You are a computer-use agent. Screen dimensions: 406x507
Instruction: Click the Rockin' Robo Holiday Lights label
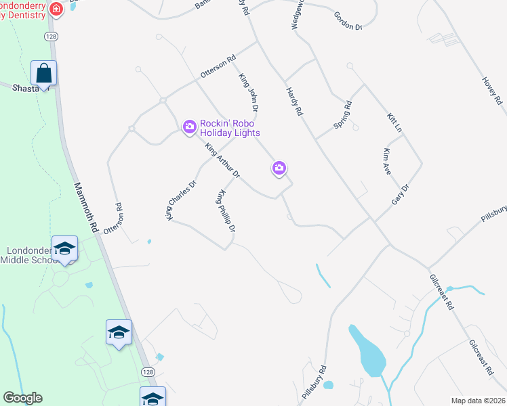point(230,128)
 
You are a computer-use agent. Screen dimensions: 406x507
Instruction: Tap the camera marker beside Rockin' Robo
point(190,126)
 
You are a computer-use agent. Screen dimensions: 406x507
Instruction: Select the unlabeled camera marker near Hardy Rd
point(279,168)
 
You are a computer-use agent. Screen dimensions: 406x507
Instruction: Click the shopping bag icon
point(43,73)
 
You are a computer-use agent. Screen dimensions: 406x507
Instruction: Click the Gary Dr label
point(401,195)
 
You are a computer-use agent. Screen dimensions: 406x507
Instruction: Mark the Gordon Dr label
point(349,22)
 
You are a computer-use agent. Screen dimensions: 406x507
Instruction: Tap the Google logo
point(22,398)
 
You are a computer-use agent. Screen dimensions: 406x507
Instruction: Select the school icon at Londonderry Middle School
point(65,248)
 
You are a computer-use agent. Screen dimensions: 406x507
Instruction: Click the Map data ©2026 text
point(477,401)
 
